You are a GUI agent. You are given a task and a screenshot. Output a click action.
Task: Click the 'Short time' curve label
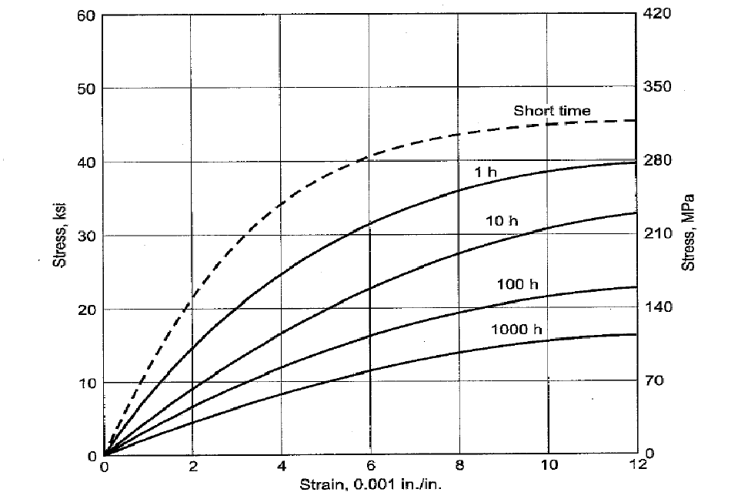point(552,111)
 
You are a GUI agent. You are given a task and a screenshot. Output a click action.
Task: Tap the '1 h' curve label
point(485,172)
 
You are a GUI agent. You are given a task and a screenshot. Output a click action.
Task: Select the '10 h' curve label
point(501,221)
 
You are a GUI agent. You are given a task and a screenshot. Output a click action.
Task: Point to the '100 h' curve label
point(517,284)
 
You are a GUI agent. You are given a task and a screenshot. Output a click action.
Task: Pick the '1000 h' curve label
point(516,330)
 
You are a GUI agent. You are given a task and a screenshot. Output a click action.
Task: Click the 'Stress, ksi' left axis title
point(58,234)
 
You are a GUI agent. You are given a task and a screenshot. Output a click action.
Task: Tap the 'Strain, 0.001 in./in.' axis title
point(371,485)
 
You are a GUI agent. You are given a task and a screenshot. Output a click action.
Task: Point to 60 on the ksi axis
point(86,15)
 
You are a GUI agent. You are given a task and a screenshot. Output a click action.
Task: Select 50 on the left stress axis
point(86,89)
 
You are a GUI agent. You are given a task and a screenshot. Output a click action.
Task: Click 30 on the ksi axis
point(86,236)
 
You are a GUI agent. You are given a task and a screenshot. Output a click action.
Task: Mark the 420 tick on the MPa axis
point(658,14)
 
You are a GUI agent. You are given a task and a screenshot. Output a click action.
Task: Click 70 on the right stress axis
point(655,380)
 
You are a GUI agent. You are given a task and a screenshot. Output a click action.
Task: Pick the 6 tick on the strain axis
point(370,466)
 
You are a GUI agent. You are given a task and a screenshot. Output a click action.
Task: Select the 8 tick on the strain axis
point(459,466)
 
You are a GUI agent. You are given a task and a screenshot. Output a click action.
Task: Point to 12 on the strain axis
point(636,466)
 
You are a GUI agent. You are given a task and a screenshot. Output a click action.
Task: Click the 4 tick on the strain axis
point(282,466)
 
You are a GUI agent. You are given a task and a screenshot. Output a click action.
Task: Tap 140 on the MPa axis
point(658,307)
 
